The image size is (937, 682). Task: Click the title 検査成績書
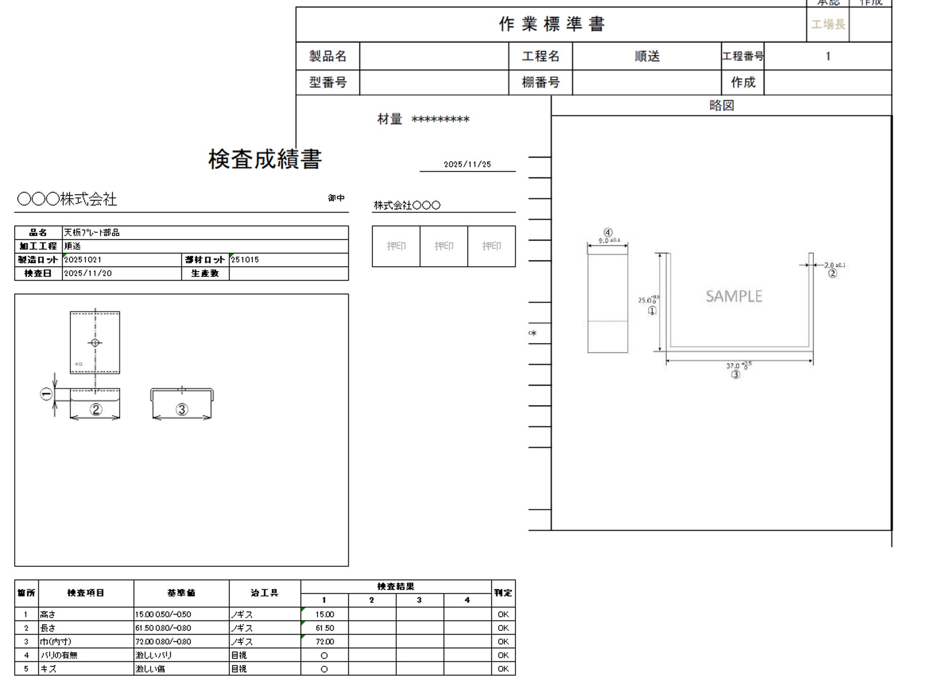(265, 159)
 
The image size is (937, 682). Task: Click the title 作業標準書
(551, 24)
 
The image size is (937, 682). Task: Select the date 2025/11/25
(467, 164)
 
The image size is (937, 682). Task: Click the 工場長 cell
(828, 24)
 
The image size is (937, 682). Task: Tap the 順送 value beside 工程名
(647, 56)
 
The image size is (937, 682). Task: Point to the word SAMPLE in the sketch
(734, 296)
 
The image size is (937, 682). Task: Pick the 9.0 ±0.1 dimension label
(608, 240)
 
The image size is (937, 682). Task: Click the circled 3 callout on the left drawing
(182, 409)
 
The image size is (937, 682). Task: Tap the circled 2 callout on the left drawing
(96, 409)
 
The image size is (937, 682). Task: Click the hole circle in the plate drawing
(95, 343)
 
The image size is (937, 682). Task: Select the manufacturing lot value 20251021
(83, 260)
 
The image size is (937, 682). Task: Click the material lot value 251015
(245, 260)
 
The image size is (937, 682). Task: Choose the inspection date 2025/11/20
(88, 273)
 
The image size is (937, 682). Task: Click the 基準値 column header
(181, 593)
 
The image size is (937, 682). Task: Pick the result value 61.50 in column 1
(324, 628)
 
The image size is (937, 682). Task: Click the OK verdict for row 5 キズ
(503, 669)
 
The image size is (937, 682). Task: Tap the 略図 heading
(721, 106)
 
